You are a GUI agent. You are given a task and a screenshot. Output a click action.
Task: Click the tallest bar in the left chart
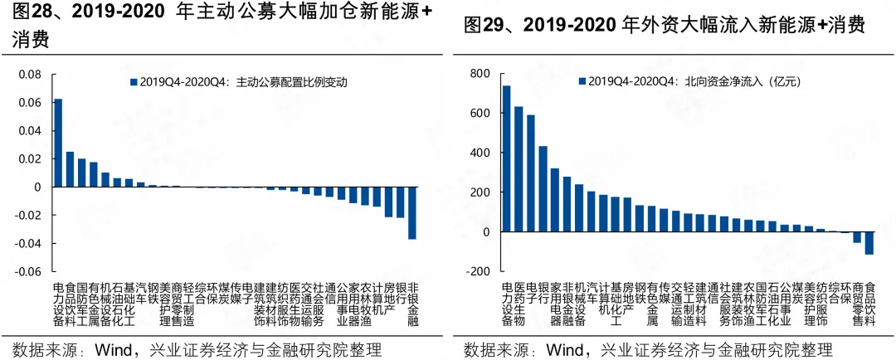coord(58,143)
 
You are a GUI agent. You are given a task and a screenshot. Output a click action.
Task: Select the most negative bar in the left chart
coord(412,213)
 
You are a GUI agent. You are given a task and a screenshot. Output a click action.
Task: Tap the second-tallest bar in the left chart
coord(70,169)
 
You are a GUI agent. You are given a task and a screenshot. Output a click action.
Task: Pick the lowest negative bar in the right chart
coord(869,243)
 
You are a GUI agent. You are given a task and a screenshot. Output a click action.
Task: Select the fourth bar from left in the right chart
coord(543,189)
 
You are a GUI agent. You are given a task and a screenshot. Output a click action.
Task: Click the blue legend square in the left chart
coord(133,82)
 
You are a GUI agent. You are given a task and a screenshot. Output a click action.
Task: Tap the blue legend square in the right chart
coord(582,81)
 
